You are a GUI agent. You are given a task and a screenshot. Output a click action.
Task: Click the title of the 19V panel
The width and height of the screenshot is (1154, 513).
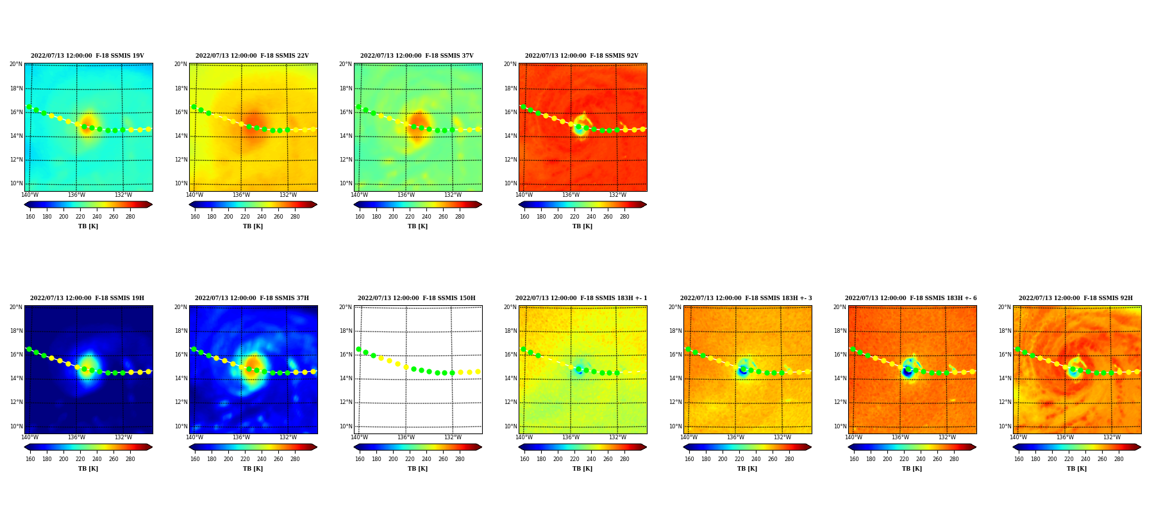(x=87, y=56)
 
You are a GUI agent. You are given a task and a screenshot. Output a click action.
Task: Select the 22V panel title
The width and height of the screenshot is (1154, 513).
(x=252, y=56)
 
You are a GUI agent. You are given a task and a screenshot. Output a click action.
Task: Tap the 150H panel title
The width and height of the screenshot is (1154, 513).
(x=417, y=298)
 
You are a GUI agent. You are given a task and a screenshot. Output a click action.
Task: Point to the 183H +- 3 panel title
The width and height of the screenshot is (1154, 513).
(x=746, y=298)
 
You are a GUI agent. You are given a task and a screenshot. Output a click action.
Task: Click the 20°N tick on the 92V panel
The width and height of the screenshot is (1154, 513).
(x=510, y=64)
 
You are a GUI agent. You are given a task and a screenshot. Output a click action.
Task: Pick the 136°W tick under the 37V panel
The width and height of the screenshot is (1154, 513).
(x=406, y=195)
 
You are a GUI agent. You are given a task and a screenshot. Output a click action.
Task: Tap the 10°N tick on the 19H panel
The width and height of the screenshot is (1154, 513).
(x=16, y=426)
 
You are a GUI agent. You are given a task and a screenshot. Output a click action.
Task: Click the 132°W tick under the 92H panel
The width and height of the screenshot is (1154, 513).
(x=1112, y=437)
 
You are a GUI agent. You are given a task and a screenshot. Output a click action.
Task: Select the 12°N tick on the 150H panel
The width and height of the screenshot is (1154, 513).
(x=346, y=403)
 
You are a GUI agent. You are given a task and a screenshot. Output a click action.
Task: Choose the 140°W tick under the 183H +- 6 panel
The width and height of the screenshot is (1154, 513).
(x=853, y=437)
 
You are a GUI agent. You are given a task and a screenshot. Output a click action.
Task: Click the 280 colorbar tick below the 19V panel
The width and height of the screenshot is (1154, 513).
(x=130, y=217)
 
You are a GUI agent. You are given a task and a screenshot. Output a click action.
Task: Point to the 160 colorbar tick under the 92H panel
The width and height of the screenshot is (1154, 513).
(x=1019, y=459)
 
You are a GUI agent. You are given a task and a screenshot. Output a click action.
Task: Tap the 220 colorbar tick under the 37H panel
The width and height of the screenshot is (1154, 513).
(x=245, y=459)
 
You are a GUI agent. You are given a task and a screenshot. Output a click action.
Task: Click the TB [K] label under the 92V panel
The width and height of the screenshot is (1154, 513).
(x=582, y=226)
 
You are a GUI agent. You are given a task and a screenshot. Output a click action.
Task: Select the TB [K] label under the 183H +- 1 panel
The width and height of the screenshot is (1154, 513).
(x=582, y=469)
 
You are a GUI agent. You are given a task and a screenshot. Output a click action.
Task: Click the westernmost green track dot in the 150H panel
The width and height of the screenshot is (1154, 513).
(x=358, y=349)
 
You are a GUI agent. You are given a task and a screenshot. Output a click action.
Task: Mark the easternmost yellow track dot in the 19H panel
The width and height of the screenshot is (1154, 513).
(x=148, y=371)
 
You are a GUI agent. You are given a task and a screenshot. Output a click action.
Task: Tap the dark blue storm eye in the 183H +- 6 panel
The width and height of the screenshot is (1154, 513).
(x=907, y=371)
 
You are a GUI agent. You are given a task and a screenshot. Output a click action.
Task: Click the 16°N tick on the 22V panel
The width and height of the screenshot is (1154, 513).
(x=181, y=112)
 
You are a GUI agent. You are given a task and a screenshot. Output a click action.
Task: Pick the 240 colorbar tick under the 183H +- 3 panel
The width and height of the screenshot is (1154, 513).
(x=756, y=459)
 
